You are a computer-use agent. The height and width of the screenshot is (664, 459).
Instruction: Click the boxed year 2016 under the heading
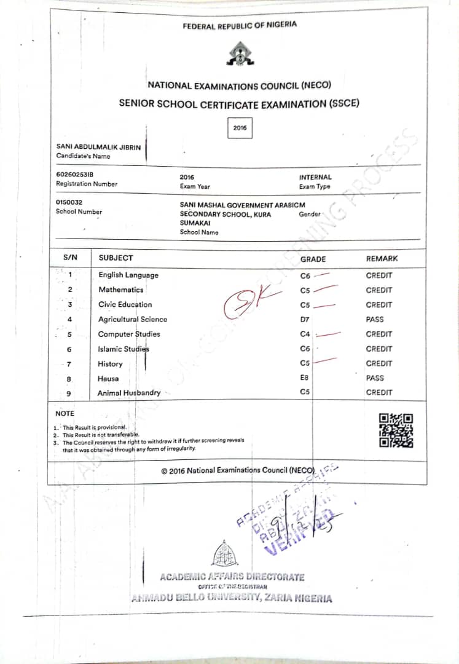coord(240,128)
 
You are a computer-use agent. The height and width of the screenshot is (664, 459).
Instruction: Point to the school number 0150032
coord(69,202)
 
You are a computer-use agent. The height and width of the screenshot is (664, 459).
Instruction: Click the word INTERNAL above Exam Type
coord(315,177)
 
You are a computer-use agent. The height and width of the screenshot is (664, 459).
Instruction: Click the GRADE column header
coord(313,259)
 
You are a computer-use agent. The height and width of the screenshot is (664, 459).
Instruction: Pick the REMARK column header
coord(382,259)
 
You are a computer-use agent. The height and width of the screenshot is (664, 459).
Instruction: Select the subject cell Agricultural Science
coord(133,319)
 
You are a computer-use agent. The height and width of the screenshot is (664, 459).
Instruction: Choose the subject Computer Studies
coord(129,334)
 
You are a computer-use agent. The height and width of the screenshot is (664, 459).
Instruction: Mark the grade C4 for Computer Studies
coord(305,334)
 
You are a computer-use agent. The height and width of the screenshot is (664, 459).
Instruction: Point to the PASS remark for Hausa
coord(375,378)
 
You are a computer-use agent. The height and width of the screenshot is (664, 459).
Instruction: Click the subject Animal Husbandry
coord(129,393)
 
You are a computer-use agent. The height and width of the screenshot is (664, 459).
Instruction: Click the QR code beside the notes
coord(396,430)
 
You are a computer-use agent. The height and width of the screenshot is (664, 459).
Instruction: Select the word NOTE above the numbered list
coord(65,414)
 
